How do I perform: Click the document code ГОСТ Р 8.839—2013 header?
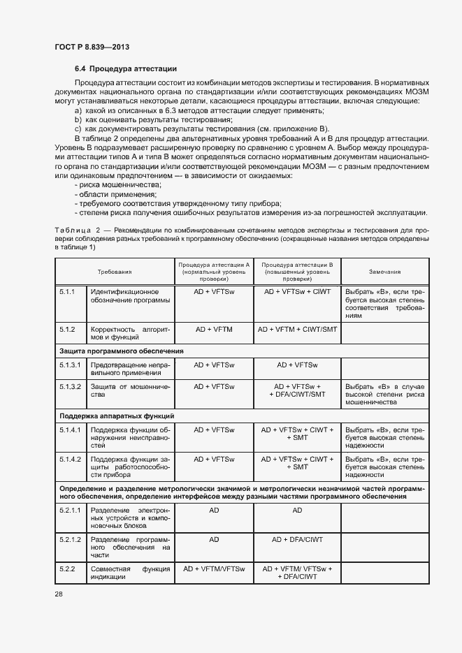click(92, 47)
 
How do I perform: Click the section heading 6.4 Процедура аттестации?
click(126, 69)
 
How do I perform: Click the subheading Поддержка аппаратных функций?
click(117, 416)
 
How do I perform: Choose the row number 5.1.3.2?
click(70, 386)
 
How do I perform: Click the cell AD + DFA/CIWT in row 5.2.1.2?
click(297, 540)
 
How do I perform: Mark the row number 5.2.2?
click(67, 569)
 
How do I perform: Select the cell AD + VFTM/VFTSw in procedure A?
click(214, 569)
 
